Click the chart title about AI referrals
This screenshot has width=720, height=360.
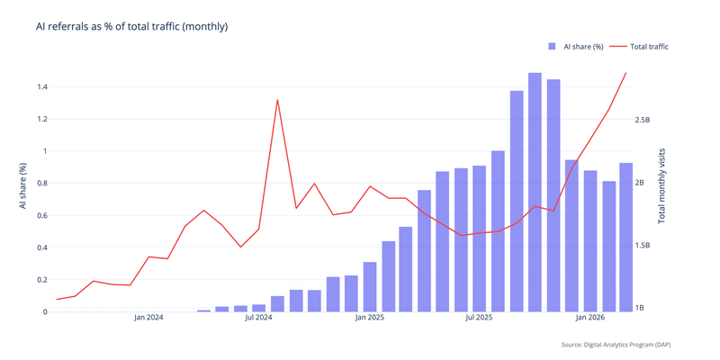pyautogui.click(x=131, y=27)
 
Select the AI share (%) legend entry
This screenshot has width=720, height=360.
pyautogui.click(x=576, y=47)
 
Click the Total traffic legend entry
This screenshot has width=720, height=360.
pyautogui.click(x=640, y=47)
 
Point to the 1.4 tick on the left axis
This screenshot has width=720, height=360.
pyautogui.click(x=41, y=87)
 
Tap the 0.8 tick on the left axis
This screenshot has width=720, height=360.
pyautogui.click(x=41, y=184)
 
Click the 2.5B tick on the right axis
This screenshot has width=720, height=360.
pyautogui.click(x=643, y=120)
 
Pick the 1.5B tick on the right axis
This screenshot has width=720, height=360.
pyautogui.click(x=643, y=246)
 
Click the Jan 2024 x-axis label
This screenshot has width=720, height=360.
pyautogui.click(x=148, y=318)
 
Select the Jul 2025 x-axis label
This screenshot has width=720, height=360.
pyautogui.click(x=479, y=318)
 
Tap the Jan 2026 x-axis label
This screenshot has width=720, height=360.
pyautogui.click(x=590, y=318)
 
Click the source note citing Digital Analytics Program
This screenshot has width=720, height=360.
pyautogui.click(x=615, y=345)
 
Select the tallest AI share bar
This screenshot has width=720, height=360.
pyautogui.click(x=535, y=193)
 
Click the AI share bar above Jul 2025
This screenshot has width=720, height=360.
pyautogui.click(x=480, y=238)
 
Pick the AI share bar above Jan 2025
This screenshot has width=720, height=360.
pyautogui.click(x=370, y=287)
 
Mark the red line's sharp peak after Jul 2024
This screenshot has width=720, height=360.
pyautogui.click(x=277, y=100)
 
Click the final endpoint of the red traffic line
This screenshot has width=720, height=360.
pyautogui.click(x=626, y=73)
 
